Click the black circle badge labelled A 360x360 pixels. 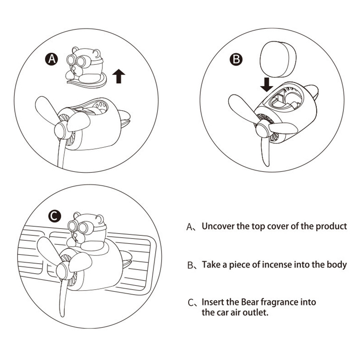(52, 59)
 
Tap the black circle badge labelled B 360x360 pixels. (236, 59)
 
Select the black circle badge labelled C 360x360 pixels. (54, 216)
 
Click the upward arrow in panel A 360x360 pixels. (119, 76)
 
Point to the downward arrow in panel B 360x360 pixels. (266, 84)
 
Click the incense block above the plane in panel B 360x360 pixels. (278, 59)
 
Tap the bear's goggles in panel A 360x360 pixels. (76, 61)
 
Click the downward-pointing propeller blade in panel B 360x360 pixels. (265, 152)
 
